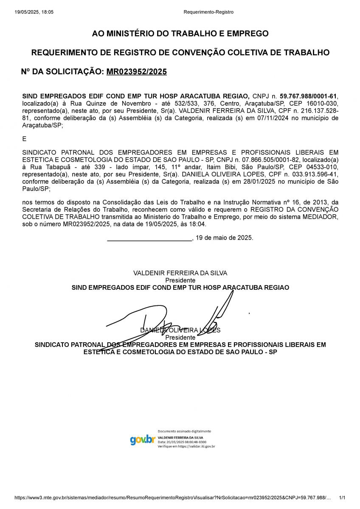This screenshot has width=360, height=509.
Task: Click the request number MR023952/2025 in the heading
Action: click(136, 72)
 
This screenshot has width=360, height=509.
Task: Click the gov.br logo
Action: click(142, 440)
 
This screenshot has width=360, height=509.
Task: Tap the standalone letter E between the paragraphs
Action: click(24, 139)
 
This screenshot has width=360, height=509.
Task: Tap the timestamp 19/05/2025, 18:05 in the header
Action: click(34, 12)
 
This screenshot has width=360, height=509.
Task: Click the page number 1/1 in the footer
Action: click(343, 497)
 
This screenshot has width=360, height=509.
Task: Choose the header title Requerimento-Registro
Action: click(208, 12)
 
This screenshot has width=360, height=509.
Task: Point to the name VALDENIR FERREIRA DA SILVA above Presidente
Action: click(180, 273)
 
